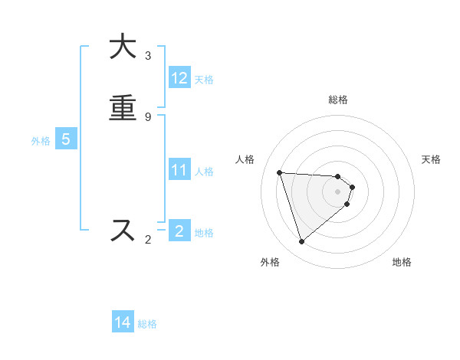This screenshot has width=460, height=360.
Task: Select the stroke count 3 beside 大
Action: point(148,56)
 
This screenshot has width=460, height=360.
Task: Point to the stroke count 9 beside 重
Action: point(148,117)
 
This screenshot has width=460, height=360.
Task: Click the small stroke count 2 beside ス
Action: point(148,240)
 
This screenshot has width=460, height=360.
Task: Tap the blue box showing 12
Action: point(179,78)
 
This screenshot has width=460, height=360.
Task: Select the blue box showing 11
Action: point(179,170)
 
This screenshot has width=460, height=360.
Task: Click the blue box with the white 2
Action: point(179,231)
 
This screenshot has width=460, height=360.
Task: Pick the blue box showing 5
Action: point(66,139)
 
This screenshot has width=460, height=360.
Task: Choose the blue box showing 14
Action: point(123,322)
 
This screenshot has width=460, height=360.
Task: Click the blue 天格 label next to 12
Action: point(204,79)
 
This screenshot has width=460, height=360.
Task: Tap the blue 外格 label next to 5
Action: point(41,140)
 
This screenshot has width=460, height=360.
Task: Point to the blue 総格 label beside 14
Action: point(147,323)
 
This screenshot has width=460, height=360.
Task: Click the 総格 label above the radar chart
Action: point(338,100)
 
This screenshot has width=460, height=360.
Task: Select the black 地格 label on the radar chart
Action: point(402,262)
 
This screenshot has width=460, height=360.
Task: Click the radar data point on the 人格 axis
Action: point(280,172)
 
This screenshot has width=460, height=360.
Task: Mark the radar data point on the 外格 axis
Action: point(301,242)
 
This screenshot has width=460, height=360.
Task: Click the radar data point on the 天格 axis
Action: point(353,186)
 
